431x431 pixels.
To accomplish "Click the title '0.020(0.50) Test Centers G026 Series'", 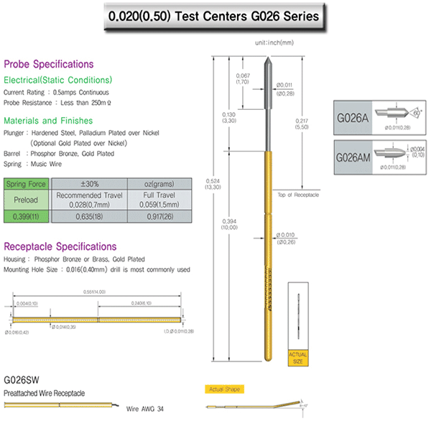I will [x=213, y=15].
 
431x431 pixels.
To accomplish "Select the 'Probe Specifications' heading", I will [x=49, y=64].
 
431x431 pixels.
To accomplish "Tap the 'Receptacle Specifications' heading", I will [x=60, y=246].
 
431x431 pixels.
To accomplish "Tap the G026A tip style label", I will [x=353, y=116].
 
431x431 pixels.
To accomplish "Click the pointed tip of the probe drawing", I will [x=267, y=59].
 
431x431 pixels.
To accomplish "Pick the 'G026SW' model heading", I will [x=22, y=380].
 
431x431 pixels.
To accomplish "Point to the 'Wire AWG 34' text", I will [x=144, y=408].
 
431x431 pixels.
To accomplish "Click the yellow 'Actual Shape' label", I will [x=223, y=389].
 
